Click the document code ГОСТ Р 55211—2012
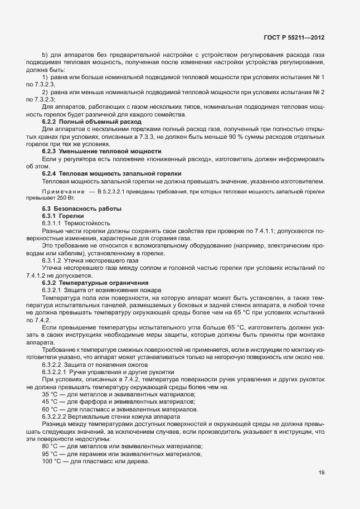(x=293, y=37)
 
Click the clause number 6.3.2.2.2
(x=59, y=416)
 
